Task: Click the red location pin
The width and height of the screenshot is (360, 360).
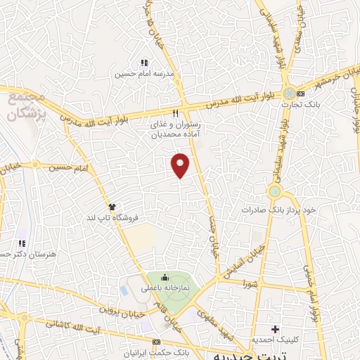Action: tap(181, 165)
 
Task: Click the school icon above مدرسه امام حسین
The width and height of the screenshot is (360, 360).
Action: tap(144, 63)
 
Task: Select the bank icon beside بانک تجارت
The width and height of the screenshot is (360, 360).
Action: tap(301, 94)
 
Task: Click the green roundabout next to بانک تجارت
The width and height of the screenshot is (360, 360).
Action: tap(289, 93)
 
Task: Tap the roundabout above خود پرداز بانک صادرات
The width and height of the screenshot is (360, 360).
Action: tap(274, 191)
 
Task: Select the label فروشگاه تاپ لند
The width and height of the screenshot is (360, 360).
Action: tap(111, 217)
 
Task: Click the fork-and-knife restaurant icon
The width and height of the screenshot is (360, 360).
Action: tap(176, 113)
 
